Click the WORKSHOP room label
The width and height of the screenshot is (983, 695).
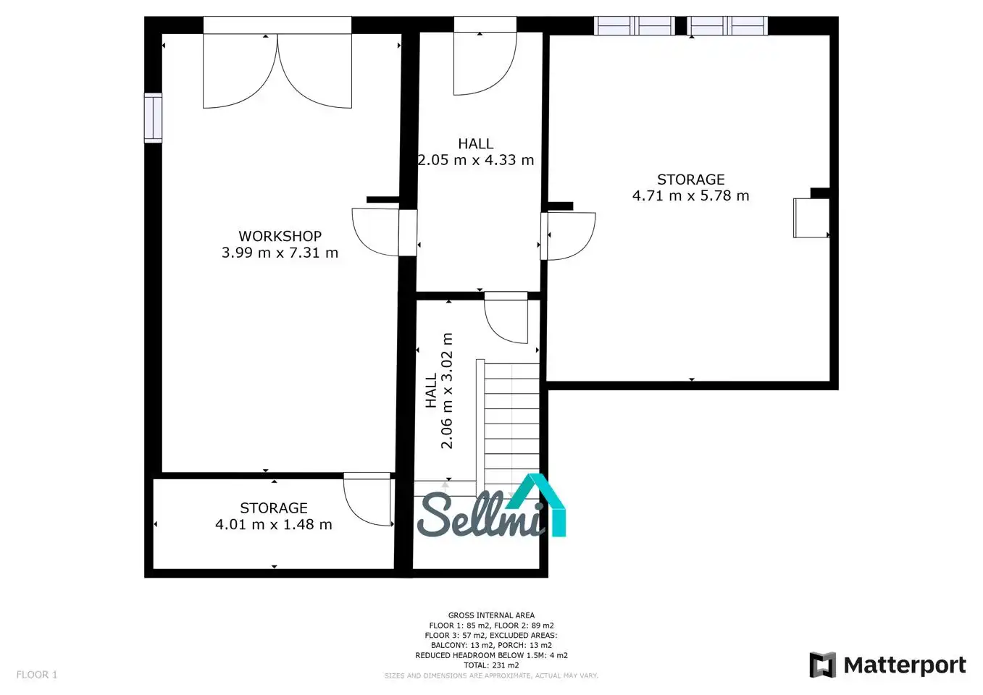click(280, 236)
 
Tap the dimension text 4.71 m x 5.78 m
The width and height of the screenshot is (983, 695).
click(691, 195)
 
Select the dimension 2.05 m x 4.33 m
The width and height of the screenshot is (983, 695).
click(476, 160)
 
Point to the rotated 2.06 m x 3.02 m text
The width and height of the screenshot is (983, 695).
click(446, 391)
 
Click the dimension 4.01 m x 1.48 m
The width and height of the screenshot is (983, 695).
click(273, 524)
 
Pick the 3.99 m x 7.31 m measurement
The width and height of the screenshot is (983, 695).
click(280, 253)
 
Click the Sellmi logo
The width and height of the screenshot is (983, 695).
click(491, 507)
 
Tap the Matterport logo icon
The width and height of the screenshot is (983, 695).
click(822, 665)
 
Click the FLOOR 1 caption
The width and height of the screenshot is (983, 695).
click(37, 675)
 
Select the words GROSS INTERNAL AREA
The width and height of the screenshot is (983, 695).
click(491, 615)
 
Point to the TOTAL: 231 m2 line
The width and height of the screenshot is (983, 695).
click(491, 665)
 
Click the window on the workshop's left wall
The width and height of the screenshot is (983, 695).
click(153, 118)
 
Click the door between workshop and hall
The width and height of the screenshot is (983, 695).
click(385, 232)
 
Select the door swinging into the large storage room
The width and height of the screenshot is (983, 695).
click(568, 236)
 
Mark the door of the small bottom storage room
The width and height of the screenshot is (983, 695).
click(367, 499)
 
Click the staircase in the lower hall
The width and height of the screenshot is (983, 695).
click(509, 429)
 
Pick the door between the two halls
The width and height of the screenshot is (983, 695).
click(506, 318)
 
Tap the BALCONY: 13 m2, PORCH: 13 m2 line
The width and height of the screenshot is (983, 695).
click(491, 645)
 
